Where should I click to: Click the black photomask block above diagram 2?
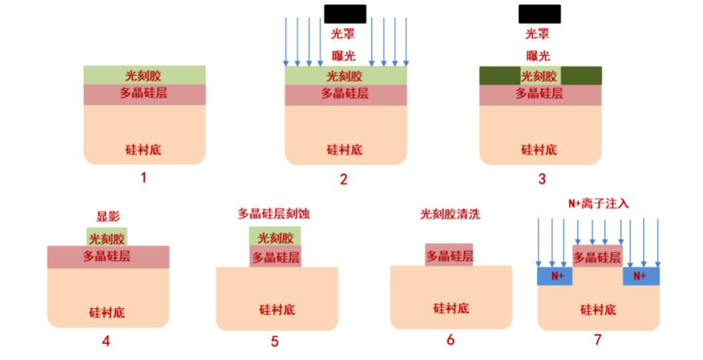click(x=345, y=14)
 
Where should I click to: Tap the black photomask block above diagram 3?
click(x=540, y=14)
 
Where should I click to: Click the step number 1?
click(x=143, y=178)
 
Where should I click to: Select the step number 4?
click(x=106, y=341)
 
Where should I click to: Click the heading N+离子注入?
click(x=598, y=203)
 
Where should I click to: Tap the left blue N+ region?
click(x=556, y=276)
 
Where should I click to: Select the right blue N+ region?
click(x=641, y=276)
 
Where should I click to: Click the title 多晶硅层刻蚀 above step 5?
click(x=274, y=213)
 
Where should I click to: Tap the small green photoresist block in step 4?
click(x=106, y=238)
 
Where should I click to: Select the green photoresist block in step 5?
click(x=275, y=237)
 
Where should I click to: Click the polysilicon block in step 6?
click(x=449, y=255)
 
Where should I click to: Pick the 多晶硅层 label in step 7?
click(x=597, y=257)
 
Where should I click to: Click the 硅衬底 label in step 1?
click(x=143, y=149)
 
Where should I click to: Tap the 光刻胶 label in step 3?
click(x=539, y=76)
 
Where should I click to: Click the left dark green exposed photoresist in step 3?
click(x=499, y=76)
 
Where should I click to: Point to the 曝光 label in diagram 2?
click(x=344, y=55)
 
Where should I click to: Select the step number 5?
click(x=275, y=341)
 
